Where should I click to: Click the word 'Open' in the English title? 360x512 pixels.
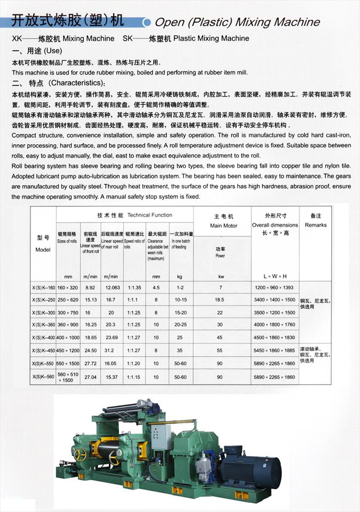169,22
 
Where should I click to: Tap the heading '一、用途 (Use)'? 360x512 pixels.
37,51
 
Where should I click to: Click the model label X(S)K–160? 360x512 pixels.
43,288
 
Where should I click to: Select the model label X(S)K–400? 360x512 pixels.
43,338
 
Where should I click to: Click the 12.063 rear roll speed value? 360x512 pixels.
112,288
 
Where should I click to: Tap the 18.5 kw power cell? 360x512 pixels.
220,300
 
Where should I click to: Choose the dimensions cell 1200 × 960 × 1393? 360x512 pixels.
274,288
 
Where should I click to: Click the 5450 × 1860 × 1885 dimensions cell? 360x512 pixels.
274,351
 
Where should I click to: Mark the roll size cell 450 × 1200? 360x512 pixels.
67,351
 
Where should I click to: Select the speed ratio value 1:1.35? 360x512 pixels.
134,288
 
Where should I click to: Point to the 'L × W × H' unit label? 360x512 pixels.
275,276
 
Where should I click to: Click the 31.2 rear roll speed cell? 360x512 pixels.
111,351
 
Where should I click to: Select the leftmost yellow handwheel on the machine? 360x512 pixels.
81,454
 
